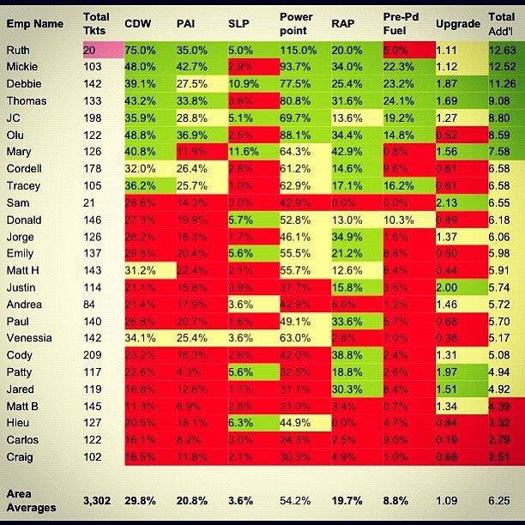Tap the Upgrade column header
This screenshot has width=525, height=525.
(x=457, y=23)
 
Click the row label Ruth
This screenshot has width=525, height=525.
(x=18, y=51)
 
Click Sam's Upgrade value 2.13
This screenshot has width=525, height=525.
(x=456, y=202)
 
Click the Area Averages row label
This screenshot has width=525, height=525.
(x=31, y=501)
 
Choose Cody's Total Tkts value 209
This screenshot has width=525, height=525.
(x=94, y=356)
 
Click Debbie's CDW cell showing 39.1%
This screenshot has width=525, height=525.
(x=140, y=83)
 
